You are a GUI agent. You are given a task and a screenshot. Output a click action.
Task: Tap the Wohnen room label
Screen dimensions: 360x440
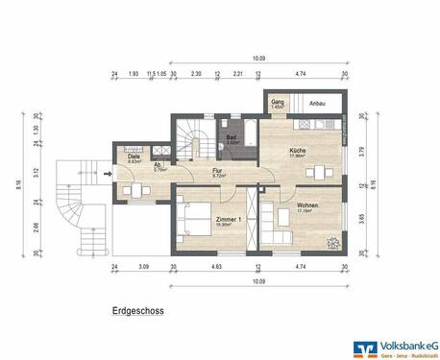click(307, 206)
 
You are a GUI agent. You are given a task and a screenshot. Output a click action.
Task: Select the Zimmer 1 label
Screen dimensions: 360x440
click(203, 219)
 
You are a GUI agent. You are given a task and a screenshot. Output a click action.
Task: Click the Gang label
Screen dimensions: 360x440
click(277, 102)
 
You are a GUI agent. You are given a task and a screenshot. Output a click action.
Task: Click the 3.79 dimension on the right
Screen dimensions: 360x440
click(360, 150)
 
